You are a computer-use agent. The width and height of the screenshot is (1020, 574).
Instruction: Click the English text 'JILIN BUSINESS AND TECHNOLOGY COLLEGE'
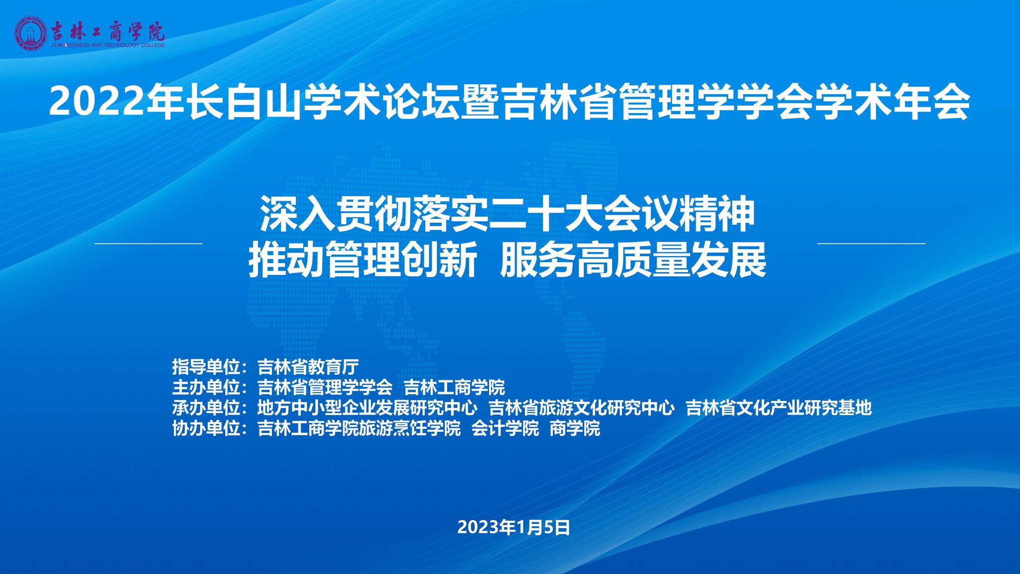[108, 45]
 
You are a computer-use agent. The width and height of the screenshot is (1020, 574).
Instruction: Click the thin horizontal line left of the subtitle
[148, 244]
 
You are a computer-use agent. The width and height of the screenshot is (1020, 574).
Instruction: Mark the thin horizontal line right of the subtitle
[872, 244]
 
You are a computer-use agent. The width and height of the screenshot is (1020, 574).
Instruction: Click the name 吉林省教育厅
[308, 367]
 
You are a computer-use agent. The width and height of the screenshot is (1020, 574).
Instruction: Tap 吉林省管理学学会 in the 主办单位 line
[325, 388]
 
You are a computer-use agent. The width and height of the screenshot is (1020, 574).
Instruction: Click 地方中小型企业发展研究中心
[368, 408]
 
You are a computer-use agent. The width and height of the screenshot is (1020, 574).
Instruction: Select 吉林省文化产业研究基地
[779, 408]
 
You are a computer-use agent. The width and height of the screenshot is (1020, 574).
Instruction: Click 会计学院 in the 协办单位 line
[506, 429]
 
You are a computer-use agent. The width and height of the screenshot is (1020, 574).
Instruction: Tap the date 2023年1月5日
[513, 527]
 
